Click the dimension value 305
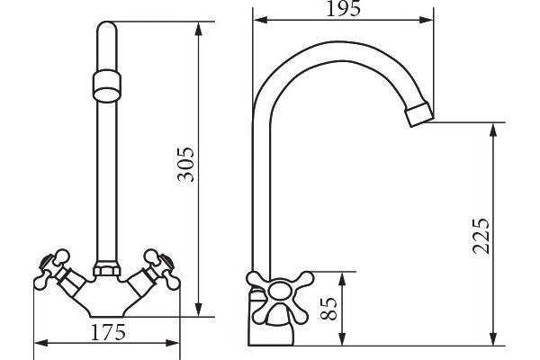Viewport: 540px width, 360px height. [x=186, y=165]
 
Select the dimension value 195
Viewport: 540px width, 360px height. [x=344, y=9]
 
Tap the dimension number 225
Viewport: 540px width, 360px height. [x=481, y=236]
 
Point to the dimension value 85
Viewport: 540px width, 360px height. [x=328, y=309]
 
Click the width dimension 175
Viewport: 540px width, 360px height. [x=108, y=332]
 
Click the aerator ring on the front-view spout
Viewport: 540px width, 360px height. [x=107, y=85]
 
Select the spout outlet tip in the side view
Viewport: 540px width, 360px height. [x=418, y=113]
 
